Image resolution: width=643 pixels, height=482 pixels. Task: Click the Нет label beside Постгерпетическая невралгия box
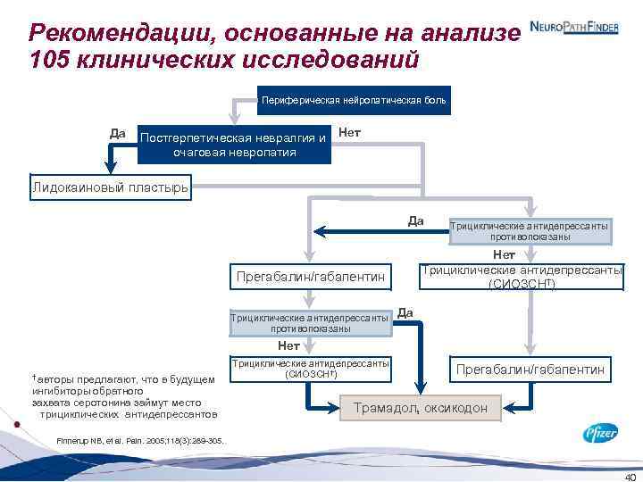click(x=350, y=132)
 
